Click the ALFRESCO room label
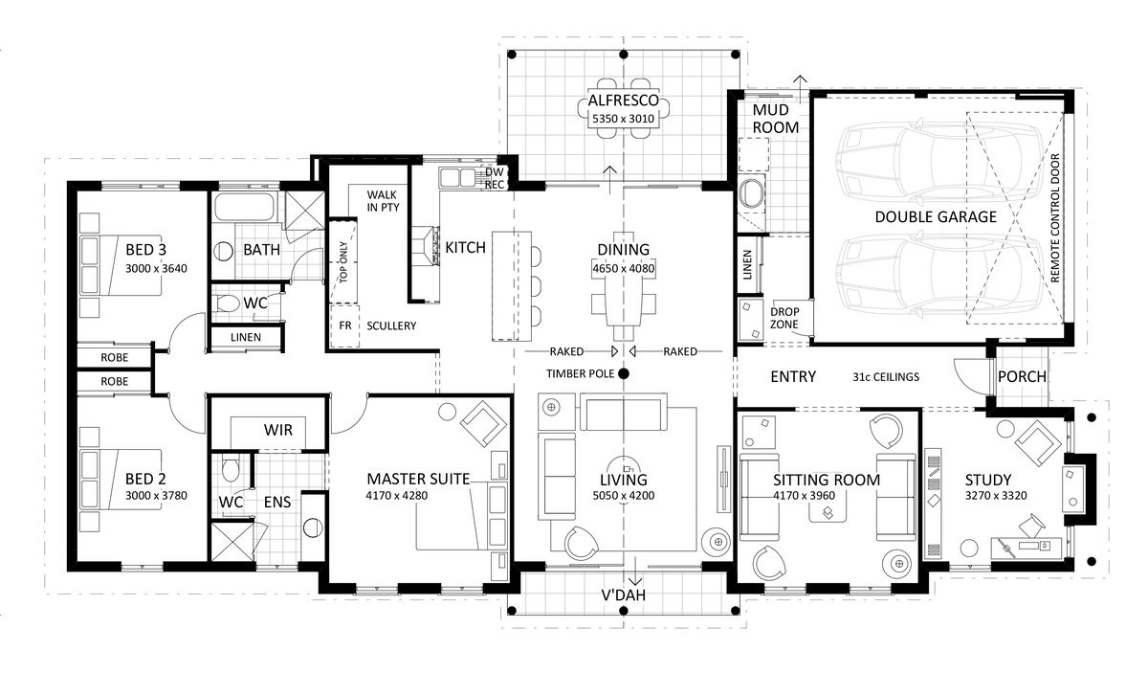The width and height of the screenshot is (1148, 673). coord(623,100)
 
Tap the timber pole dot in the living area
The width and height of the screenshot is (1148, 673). coord(623,374)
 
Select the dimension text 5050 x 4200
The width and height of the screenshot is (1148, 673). coord(623,496)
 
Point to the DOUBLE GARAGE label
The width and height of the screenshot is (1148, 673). coord(936,217)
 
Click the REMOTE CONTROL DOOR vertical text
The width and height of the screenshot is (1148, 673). coord(1054,218)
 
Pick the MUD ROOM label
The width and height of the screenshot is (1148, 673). coord(776,119)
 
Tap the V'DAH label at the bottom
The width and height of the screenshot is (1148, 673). coord(623,595)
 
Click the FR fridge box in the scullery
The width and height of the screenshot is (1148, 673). coord(344,326)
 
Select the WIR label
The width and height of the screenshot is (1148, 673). coord(277,430)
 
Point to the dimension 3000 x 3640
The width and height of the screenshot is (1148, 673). coord(156,268)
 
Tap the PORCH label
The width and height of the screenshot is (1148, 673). coord(1022,376)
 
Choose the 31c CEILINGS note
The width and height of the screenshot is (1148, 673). coord(886,377)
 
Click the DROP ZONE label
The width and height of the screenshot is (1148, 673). coord(784,318)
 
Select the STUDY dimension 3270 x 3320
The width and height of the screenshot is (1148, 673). coord(996,496)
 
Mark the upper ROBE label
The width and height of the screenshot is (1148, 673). coord(114,357)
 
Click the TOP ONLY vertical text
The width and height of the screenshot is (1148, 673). coord(343,262)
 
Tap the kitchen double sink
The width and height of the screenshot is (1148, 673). coord(457,177)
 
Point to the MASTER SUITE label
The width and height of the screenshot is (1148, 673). coord(418,479)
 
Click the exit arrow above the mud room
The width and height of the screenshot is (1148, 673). coord(800,85)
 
